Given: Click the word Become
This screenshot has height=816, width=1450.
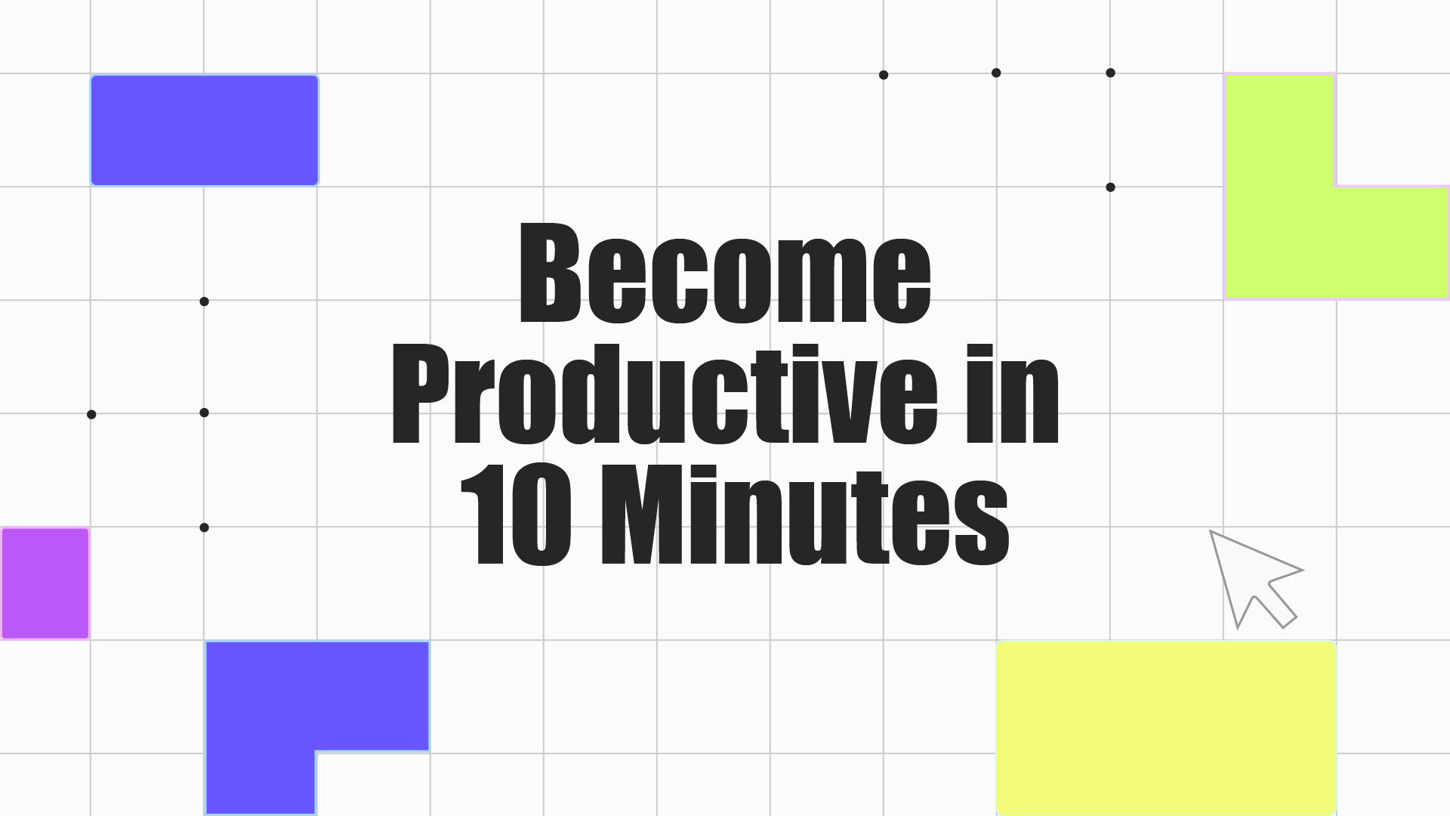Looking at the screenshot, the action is pos(726,272).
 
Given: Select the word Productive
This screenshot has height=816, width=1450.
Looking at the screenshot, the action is pos(665,393).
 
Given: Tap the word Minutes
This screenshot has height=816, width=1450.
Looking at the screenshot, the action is pos(805,514).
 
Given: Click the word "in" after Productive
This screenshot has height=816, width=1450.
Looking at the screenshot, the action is pos(1013,393).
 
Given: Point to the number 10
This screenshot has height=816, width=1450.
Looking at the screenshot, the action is pos(517,514).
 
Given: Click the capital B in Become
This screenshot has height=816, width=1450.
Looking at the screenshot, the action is pos(551,272).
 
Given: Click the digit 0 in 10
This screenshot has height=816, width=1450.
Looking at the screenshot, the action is pos(541,514).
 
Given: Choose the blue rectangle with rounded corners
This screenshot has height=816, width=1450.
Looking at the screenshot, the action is pos(205,130).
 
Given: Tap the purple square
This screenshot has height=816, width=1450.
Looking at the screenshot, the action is pos(45,583).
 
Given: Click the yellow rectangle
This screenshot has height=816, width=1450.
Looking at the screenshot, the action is pos(1167,728).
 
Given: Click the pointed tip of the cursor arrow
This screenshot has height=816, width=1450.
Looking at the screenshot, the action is pos(1211,531).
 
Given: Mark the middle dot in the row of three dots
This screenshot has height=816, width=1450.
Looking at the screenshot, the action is pos(996,73).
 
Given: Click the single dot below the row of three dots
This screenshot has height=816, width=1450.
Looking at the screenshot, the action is pos(1110,187).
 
